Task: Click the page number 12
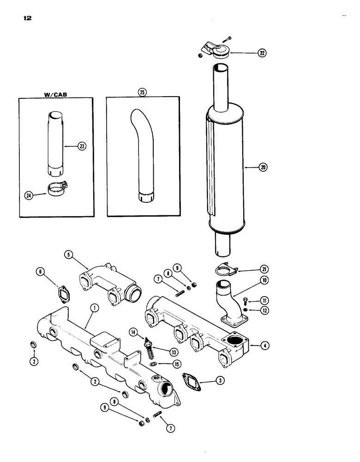[x=26, y=19]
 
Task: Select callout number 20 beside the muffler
[x=263, y=168]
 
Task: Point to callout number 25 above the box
[x=142, y=92]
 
